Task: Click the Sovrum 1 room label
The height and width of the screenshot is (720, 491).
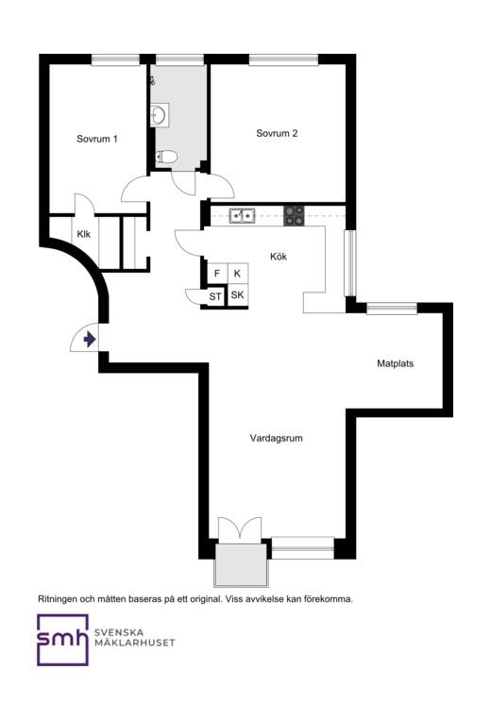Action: [97, 139]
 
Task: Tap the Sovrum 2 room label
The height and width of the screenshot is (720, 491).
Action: [277, 133]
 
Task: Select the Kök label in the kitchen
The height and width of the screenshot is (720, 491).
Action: [279, 257]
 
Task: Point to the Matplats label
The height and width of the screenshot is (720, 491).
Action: [395, 363]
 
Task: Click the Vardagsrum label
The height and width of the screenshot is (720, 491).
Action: [276, 438]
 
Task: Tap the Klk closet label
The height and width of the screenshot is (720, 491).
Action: [84, 234]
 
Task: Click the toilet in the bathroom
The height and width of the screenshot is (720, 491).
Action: [166, 157]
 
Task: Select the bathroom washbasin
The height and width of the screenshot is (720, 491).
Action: [160, 115]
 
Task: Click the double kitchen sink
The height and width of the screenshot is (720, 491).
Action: [242, 215]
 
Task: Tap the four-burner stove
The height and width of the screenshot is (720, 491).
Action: [294, 216]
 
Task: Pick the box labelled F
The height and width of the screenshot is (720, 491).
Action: [217, 275]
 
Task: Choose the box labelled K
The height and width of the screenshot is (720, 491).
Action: [237, 275]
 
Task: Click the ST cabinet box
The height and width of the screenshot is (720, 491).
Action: [215, 296]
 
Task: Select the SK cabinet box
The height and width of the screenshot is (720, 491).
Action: [237, 295]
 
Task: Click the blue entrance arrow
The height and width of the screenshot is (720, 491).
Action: [90, 340]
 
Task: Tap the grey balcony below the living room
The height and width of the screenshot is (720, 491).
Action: [241, 565]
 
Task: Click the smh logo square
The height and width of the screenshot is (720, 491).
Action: [62, 640]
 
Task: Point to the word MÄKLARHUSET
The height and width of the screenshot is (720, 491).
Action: [135, 643]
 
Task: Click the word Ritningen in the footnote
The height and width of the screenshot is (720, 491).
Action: [57, 599]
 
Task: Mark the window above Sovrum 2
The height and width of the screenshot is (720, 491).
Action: [283, 59]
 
